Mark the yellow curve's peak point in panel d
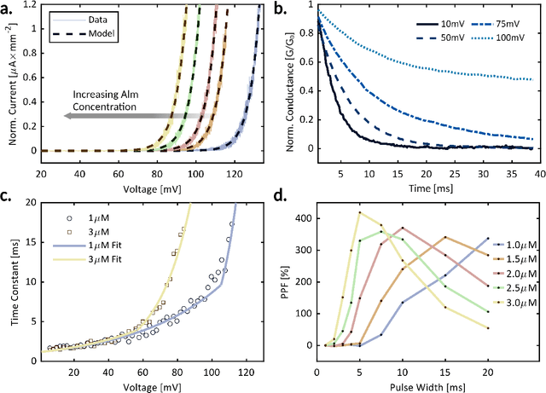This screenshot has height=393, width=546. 360,212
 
